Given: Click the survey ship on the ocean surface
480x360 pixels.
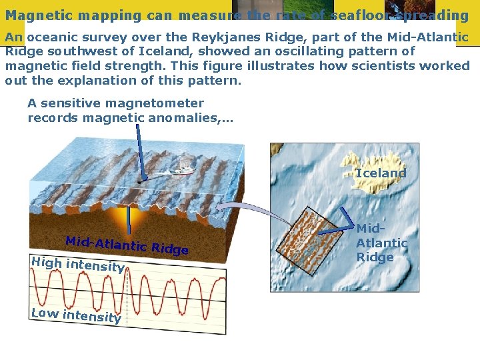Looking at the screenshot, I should [x=181, y=170].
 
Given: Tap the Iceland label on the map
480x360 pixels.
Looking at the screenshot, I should [x=381, y=173].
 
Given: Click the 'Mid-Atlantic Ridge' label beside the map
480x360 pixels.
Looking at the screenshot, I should [x=381, y=243].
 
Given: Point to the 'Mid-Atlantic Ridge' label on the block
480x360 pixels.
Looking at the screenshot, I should [x=127, y=245].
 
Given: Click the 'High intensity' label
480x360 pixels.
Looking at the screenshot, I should [x=77, y=265].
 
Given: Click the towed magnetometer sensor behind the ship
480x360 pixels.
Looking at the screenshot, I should [x=139, y=181].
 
